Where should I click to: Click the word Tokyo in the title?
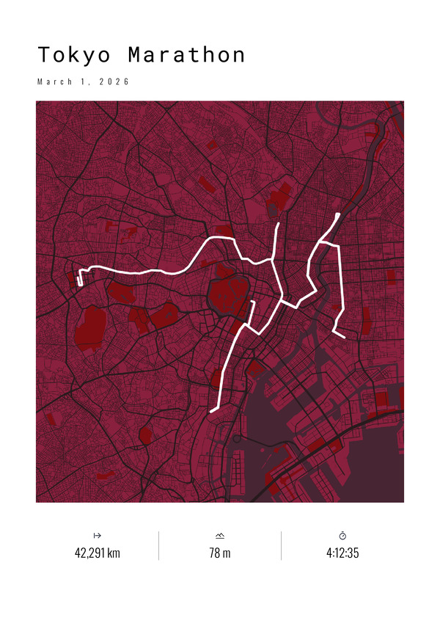[x=75, y=56]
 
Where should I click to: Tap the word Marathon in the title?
[x=186, y=56]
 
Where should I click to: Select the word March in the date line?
[x=56, y=81]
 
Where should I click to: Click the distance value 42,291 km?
[x=97, y=553]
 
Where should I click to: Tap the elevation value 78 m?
[x=220, y=553]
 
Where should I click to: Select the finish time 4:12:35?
[x=342, y=553]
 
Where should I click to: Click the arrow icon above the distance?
[x=97, y=536]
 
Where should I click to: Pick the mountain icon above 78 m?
[x=220, y=536]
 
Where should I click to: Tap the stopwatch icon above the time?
[x=342, y=536]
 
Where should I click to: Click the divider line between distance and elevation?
[x=158, y=545]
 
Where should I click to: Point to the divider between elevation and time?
[x=281, y=545]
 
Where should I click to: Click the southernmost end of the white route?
[x=211, y=412]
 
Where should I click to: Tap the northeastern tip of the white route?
[x=337, y=214]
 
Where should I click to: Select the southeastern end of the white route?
[x=344, y=337]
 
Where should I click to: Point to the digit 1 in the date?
[x=89, y=81]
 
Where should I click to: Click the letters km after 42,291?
[x=114, y=553]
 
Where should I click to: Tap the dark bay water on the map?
[x=352, y=470]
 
